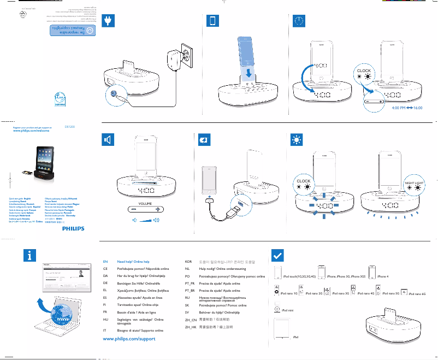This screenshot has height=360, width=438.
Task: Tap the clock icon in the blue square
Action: point(298,21)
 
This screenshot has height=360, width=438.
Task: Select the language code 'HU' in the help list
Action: point(105,318)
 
